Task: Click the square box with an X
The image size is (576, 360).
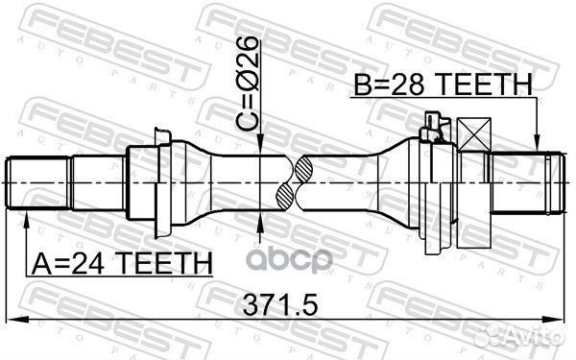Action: [474, 134]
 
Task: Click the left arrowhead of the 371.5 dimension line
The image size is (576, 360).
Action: [12, 319]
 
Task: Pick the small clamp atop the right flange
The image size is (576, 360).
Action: [435, 123]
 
